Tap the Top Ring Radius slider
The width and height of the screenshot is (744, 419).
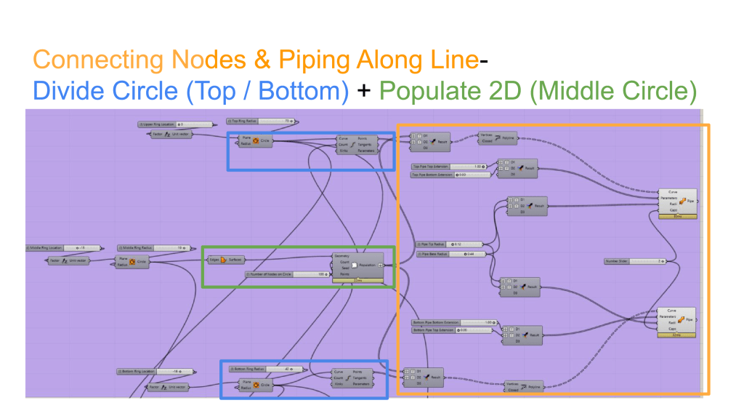[262, 121]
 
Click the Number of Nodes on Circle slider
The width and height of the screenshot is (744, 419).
[286, 274]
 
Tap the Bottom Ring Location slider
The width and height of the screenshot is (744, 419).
[149, 372]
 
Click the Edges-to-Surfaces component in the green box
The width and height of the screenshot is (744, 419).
[225, 259]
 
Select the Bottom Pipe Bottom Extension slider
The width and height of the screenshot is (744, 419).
[453, 322]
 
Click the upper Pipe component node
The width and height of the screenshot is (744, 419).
[679, 201]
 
